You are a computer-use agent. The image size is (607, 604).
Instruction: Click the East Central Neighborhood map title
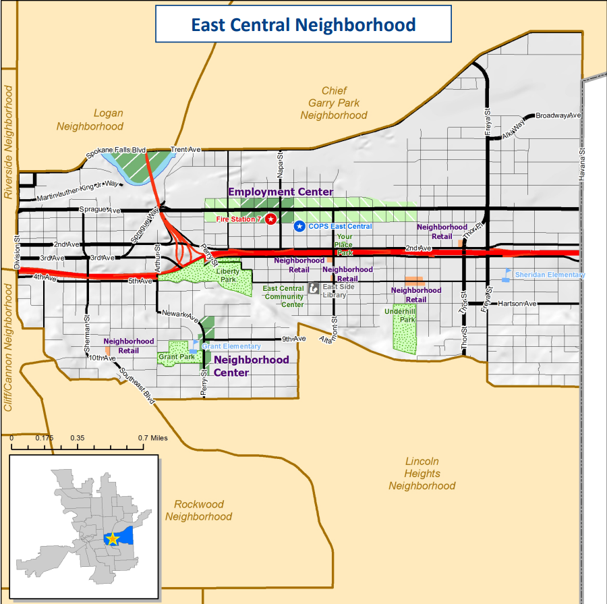(303, 25)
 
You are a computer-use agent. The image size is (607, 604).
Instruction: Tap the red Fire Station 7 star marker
(270, 219)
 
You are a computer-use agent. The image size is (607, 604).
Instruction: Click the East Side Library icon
(313, 288)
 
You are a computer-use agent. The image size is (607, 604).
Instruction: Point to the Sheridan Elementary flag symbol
(507, 275)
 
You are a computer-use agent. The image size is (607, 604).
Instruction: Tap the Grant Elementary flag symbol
(195, 346)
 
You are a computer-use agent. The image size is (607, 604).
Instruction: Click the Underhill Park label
(401, 315)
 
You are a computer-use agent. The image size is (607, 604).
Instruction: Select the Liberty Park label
(228, 275)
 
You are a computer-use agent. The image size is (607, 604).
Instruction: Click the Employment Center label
(281, 192)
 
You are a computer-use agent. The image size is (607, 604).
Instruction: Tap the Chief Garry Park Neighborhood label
(334, 103)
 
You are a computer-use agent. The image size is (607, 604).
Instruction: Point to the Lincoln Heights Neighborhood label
(422, 474)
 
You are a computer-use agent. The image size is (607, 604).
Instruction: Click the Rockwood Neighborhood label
(198, 510)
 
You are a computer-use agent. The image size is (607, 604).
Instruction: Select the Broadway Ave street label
(558, 115)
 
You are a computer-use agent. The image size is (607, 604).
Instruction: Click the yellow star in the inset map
(112, 539)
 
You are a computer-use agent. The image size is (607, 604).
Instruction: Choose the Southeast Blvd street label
(137, 387)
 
